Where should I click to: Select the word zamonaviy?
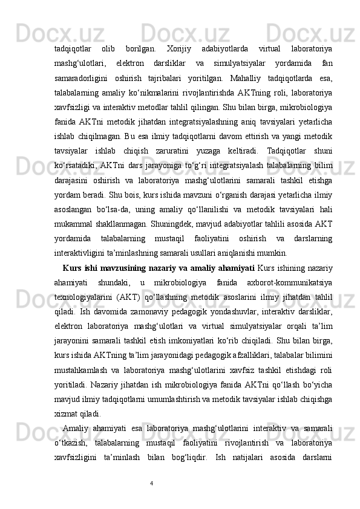(146, 316)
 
